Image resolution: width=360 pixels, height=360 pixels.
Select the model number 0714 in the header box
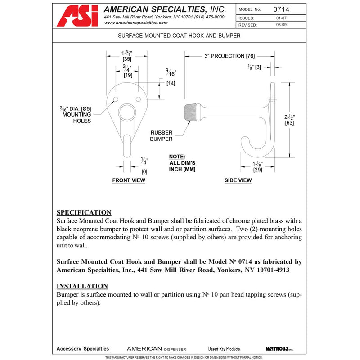284,9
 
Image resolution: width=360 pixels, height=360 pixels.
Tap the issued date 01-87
282,18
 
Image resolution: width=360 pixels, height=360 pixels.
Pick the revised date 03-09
282,25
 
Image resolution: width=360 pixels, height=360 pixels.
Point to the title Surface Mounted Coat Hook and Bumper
179,35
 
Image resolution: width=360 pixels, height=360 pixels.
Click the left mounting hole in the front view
115,98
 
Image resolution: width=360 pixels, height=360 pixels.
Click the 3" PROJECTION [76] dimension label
229,56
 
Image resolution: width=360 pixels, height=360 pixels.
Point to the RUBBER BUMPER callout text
162,136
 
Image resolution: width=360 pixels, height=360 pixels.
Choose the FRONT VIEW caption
129,180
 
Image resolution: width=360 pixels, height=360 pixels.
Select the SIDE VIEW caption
238,180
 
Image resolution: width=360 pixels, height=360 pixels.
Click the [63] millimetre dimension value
290,123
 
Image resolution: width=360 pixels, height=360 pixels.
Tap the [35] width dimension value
126,58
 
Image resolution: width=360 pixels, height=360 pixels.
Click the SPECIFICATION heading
84,212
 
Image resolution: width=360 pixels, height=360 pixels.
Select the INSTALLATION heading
82,286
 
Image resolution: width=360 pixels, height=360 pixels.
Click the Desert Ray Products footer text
224,349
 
